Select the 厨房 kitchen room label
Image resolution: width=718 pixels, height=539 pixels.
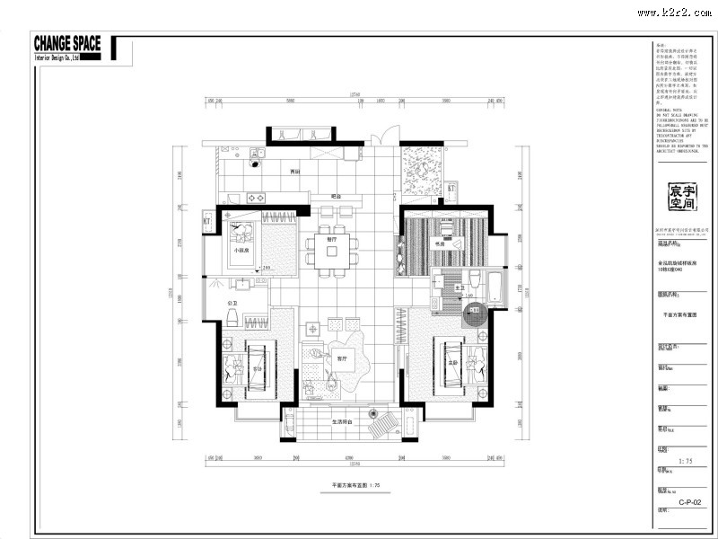(x=293, y=172)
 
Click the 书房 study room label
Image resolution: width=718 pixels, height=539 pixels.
(x=441, y=243)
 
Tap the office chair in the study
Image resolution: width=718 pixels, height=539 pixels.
(x=451, y=242)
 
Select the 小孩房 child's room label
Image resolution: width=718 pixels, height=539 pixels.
(x=241, y=251)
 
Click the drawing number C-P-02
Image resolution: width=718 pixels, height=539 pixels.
(x=689, y=502)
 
